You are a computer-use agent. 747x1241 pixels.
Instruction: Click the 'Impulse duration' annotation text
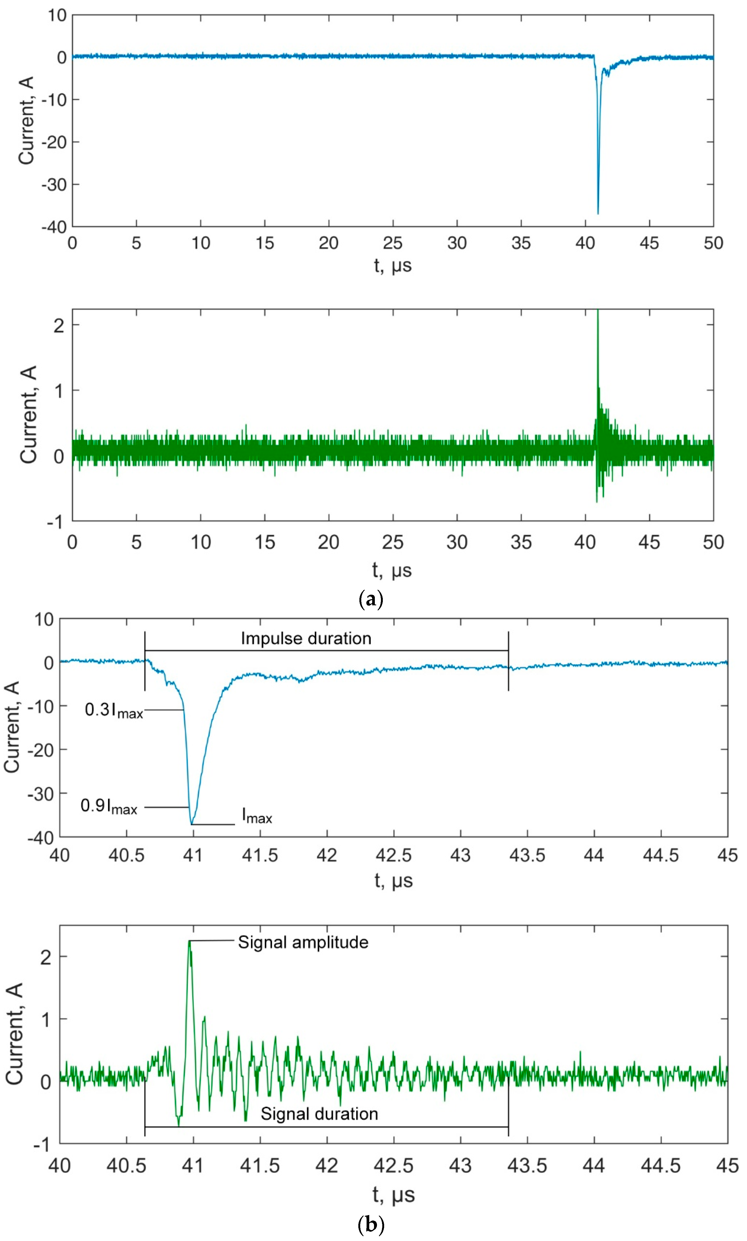pyautogui.click(x=306, y=639)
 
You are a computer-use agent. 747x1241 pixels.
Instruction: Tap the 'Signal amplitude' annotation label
pyautogui.click(x=303, y=942)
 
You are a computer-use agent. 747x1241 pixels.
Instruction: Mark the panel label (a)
pyautogui.click(x=371, y=599)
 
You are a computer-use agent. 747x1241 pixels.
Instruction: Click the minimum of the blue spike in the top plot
pyautogui.click(x=598, y=213)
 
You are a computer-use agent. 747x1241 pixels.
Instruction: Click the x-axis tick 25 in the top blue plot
pyautogui.click(x=393, y=243)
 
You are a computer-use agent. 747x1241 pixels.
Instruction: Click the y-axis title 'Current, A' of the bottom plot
pyautogui.click(x=15, y=1033)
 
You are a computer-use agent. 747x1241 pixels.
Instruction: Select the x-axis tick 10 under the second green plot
pyautogui.click(x=200, y=543)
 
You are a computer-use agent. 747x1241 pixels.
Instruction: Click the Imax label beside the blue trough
pyautogui.click(x=257, y=815)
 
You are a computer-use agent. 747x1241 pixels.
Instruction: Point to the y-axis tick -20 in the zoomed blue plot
pyautogui.click(x=41, y=750)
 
